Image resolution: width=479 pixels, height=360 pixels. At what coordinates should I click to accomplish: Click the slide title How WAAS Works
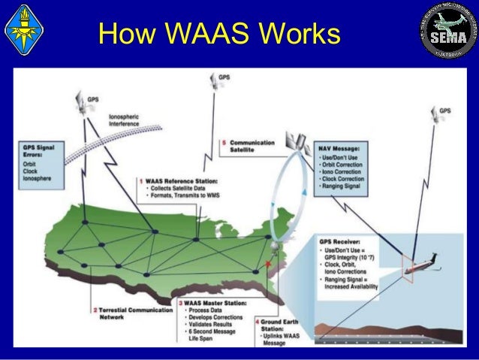click(218, 35)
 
